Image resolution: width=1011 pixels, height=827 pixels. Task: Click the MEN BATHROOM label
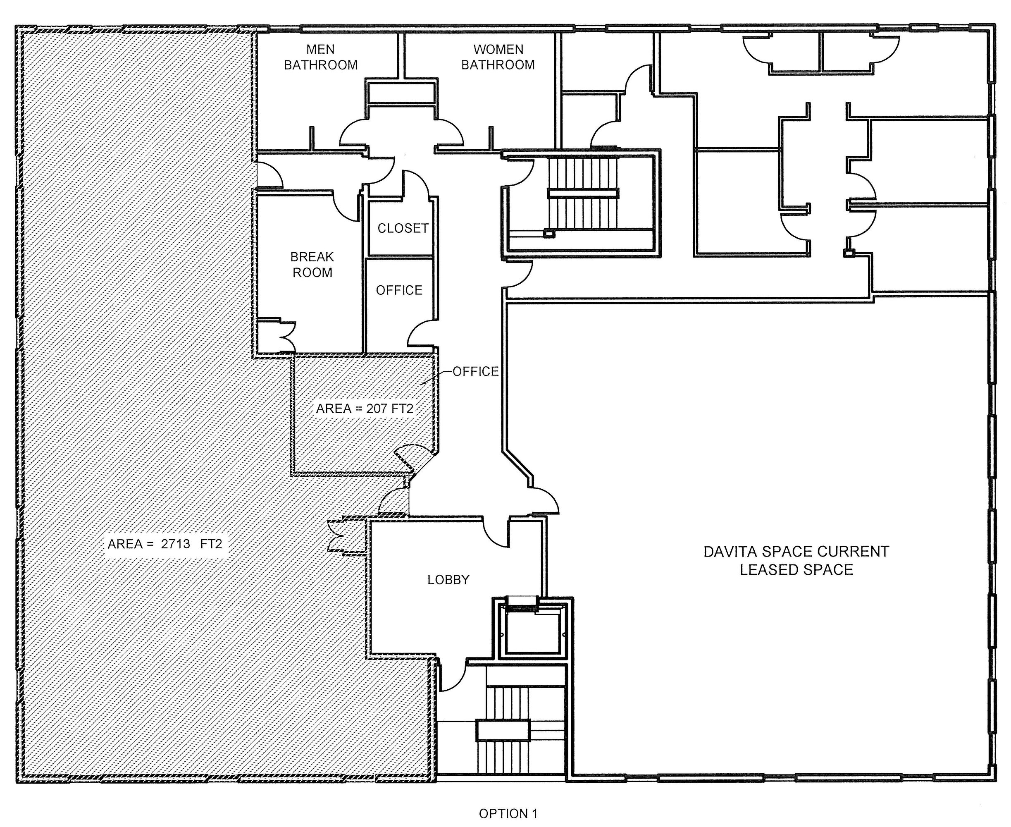click(x=320, y=57)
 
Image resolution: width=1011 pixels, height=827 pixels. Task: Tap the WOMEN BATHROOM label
click(x=498, y=57)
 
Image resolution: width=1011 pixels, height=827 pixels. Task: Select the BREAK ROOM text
click(x=312, y=264)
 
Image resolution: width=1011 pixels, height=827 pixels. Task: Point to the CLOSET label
click(x=403, y=228)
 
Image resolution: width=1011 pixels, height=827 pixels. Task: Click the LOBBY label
click(x=448, y=579)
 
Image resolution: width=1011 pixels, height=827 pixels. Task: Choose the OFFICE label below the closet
click(x=399, y=290)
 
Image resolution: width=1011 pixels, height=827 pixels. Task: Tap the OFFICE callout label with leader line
click(x=476, y=371)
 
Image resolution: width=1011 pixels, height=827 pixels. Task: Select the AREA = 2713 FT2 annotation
click(x=165, y=544)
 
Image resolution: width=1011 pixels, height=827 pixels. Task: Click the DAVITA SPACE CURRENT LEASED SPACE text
click(x=796, y=560)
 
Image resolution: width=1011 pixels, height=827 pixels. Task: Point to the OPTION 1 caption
click(x=508, y=813)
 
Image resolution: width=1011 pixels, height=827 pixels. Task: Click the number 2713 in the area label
click(x=175, y=544)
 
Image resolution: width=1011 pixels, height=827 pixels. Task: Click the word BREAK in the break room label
click(x=312, y=257)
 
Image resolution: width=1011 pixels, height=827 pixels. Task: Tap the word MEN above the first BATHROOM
click(x=320, y=49)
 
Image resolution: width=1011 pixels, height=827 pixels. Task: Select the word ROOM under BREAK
click(x=312, y=272)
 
